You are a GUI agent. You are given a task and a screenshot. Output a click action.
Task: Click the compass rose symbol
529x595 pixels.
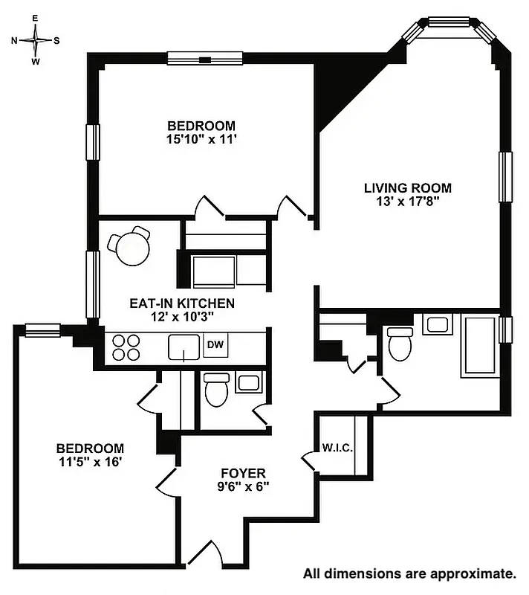(x=36, y=40)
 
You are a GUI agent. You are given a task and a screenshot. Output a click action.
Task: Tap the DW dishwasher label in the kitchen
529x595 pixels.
(x=215, y=344)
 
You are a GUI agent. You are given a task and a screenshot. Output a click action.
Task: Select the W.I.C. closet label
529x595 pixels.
(x=337, y=448)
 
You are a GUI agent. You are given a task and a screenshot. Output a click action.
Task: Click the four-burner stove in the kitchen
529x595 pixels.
(x=126, y=347)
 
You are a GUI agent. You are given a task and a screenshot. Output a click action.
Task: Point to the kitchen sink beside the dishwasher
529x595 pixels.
(x=184, y=347)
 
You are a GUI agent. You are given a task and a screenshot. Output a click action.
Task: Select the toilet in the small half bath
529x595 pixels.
(x=216, y=390)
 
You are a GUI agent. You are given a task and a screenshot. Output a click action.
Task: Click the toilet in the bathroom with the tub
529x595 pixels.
(x=400, y=343)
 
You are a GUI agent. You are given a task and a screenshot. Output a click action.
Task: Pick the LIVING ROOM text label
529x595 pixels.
(x=407, y=188)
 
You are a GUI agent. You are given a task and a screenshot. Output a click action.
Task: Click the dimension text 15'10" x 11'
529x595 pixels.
(x=201, y=139)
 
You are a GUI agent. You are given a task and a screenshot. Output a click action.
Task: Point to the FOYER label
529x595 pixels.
(x=243, y=473)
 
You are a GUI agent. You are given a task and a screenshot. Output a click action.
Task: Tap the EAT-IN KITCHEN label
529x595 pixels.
(x=182, y=303)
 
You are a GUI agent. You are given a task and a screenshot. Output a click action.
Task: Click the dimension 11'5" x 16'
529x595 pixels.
(x=90, y=461)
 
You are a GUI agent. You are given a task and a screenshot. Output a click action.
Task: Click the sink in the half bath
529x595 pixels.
(x=247, y=383)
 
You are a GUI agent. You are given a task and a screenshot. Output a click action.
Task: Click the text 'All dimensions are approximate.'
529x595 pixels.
(x=409, y=573)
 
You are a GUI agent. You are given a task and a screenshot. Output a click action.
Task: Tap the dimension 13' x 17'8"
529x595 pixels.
(x=407, y=202)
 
